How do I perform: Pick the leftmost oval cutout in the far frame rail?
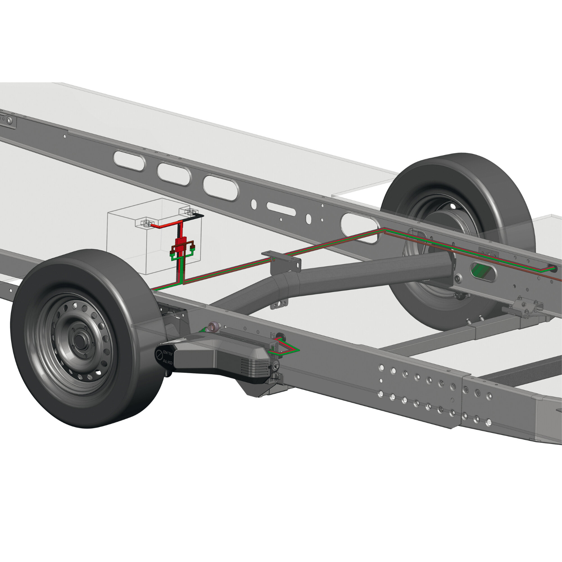[x=129, y=160]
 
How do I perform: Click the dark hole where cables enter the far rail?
[x=554, y=268]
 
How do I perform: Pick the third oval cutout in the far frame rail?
[x=221, y=187]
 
